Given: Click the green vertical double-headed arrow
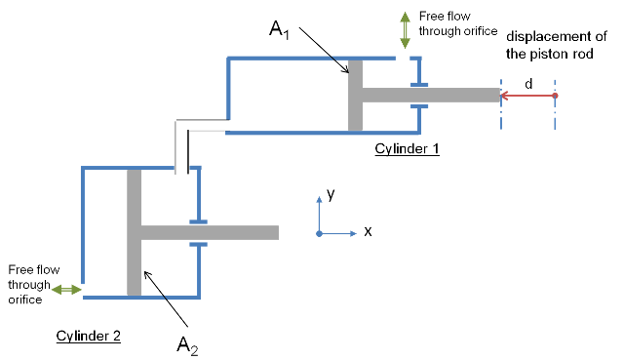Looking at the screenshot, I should pos(405,30).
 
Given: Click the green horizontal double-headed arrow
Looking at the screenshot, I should pos(66,289).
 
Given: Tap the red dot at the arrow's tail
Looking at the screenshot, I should pos(555,96).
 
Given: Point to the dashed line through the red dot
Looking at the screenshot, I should pos(555,117).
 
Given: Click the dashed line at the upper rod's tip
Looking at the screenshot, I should pos(501,117).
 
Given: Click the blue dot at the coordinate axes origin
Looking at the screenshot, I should pos(319,233).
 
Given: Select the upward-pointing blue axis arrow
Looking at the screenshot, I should pos(319,210).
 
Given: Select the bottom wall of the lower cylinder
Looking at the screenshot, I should pos(117,298).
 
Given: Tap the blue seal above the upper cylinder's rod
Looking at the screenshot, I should pos(419,84).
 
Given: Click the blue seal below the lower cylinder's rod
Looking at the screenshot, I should pos(198,244).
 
